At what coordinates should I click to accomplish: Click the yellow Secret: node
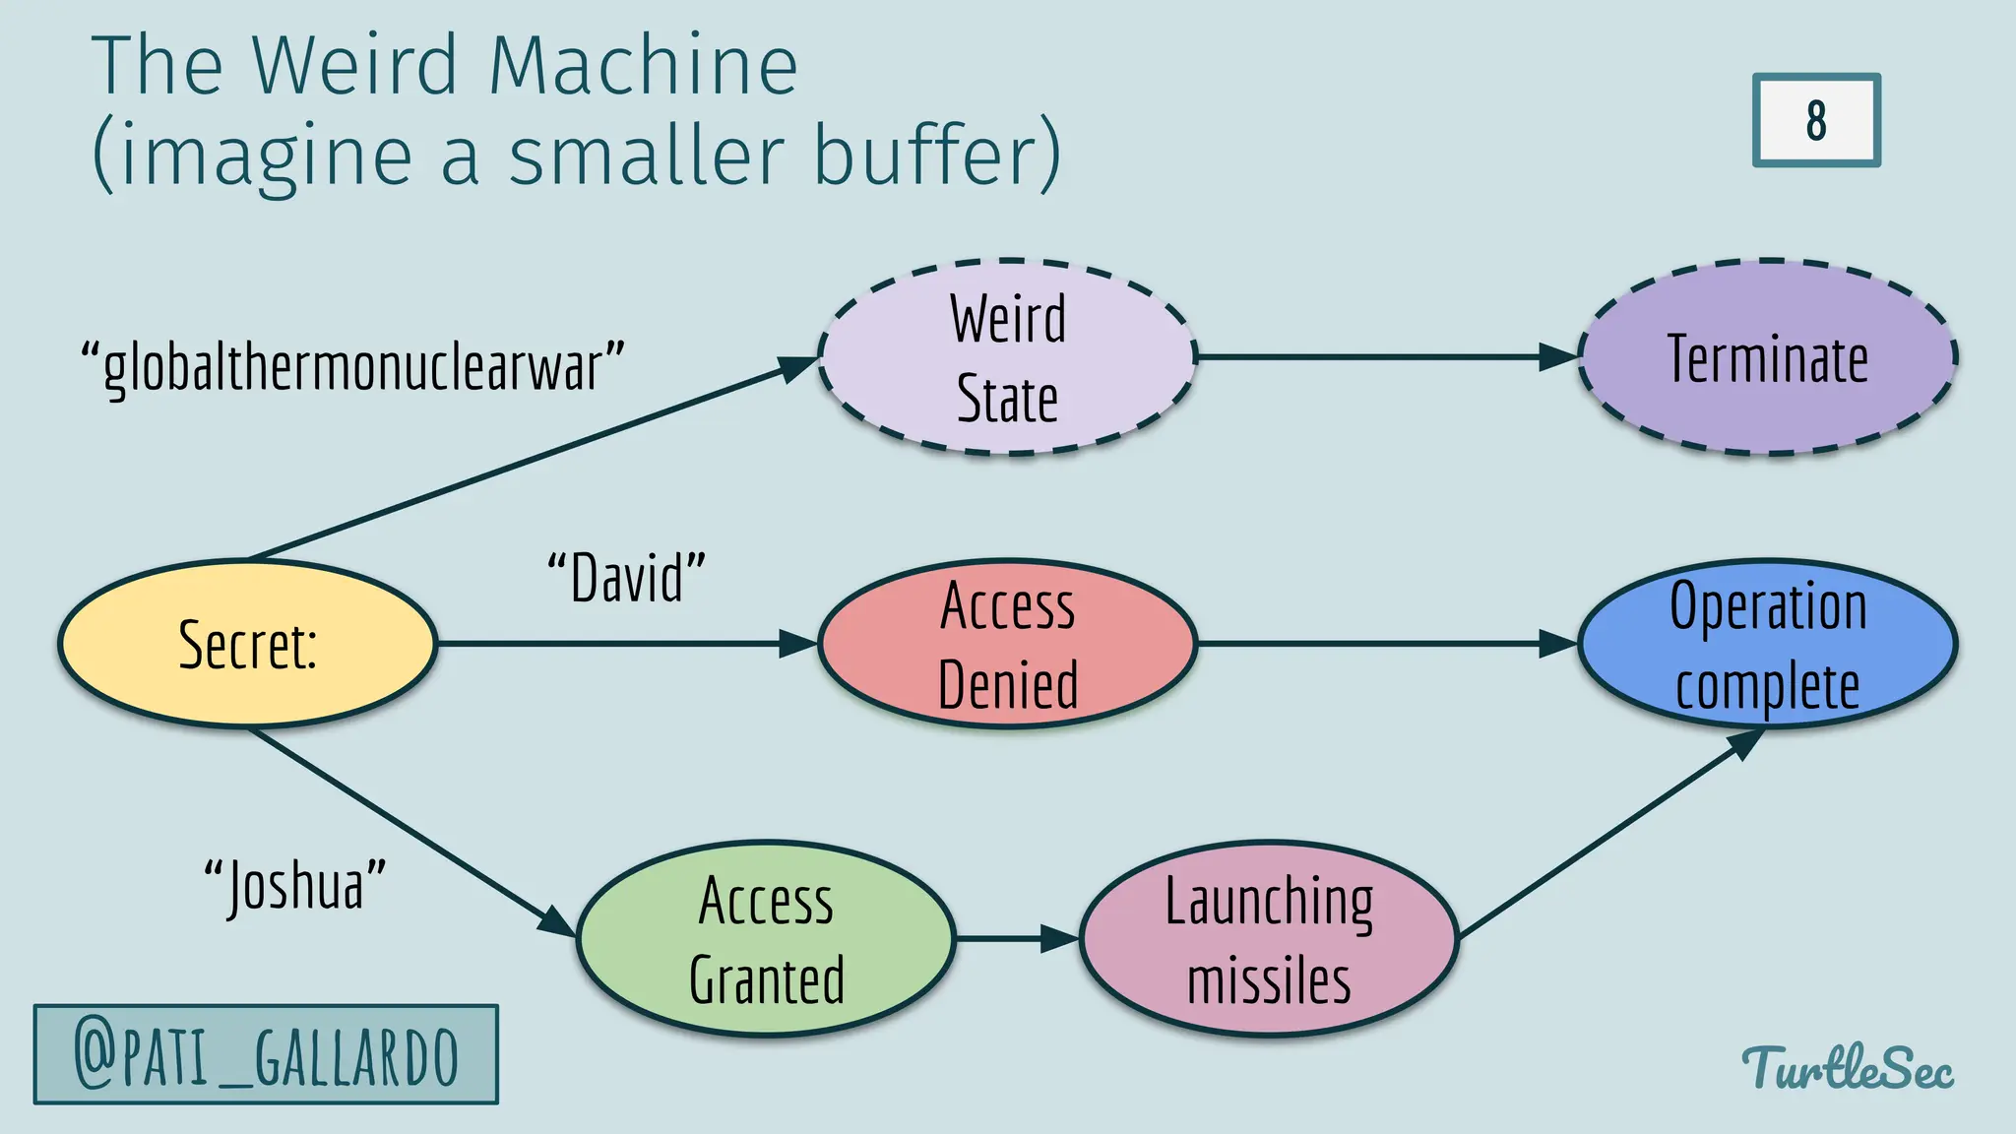(247, 645)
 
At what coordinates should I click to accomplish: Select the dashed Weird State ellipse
(1007, 358)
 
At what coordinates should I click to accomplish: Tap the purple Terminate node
(1768, 358)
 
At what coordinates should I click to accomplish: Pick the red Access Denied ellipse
(1007, 645)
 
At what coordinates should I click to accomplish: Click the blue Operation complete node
(1768, 645)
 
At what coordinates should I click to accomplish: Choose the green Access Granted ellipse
(766, 939)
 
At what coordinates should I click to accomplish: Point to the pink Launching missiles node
(1269, 939)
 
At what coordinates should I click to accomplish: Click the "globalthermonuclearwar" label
(352, 367)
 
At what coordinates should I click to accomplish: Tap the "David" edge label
(627, 578)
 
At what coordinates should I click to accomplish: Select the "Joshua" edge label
(294, 885)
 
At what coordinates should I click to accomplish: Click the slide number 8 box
(1816, 120)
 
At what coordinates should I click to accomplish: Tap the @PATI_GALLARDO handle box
(266, 1055)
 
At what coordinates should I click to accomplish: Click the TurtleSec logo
(1848, 1068)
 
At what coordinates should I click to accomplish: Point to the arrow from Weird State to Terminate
(1378, 357)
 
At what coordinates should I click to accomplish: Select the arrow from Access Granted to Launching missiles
(1014, 939)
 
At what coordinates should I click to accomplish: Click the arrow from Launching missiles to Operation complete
(1605, 837)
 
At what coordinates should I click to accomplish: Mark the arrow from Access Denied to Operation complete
(1378, 644)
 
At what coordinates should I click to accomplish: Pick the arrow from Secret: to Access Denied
(620, 644)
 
